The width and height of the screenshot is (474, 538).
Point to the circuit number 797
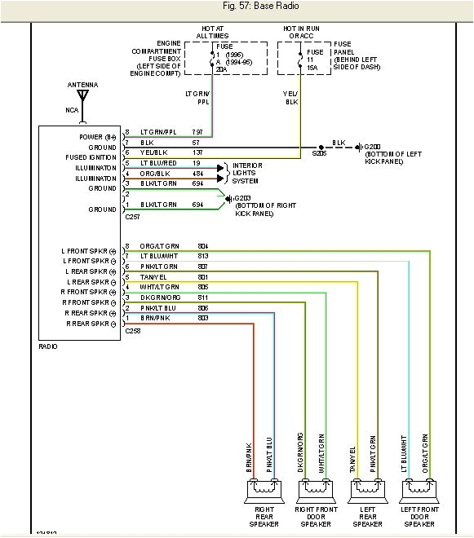[x=197, y=132]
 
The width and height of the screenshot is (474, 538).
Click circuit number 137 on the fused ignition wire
[x=197, y=152]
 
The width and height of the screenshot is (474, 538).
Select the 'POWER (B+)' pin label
[x=99, y=136]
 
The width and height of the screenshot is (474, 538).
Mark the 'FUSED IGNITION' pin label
[x=91, y=157]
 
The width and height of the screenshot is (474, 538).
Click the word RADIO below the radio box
[x=48, y=346]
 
